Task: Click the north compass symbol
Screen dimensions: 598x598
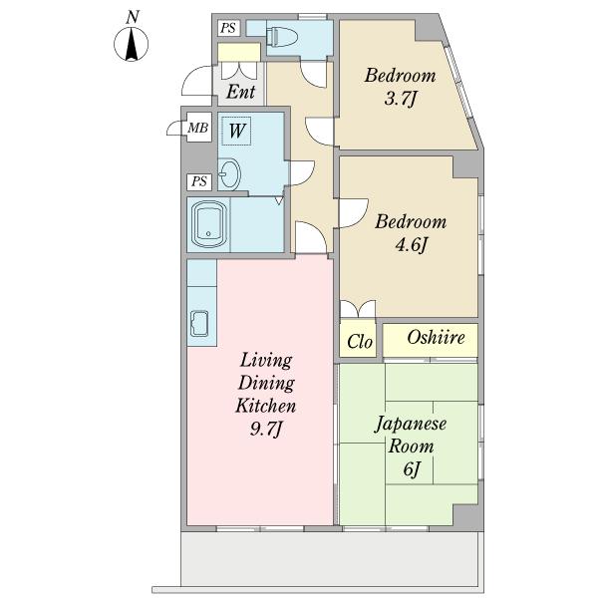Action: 132,44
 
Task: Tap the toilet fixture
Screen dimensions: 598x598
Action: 282,37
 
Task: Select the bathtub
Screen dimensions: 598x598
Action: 208,224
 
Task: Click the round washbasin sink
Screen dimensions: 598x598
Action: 229,173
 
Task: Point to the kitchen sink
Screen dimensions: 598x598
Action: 199,324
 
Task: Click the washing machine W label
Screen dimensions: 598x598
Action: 236,131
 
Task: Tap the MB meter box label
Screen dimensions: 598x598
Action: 198,128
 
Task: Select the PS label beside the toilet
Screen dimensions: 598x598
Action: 228,28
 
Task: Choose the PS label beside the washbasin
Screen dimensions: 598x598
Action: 199,181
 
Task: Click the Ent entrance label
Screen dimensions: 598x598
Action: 240,92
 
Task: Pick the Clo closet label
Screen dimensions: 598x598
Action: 359,342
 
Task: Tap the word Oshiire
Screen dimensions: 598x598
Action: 436,338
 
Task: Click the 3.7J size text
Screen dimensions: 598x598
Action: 400,99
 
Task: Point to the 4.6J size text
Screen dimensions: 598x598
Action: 411,245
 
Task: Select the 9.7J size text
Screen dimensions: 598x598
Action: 266,429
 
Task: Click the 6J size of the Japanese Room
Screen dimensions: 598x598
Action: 411,469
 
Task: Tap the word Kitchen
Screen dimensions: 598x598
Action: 266,406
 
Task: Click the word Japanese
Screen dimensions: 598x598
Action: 411,425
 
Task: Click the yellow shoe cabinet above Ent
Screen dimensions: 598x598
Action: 239,52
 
